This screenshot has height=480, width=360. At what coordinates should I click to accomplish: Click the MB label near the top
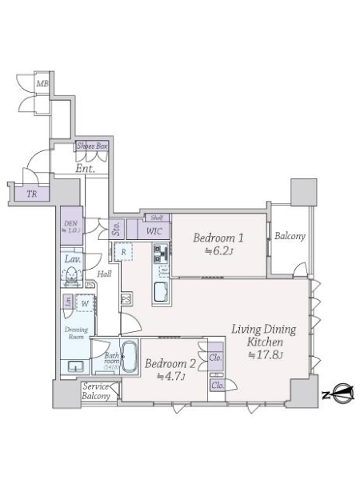point(42,82)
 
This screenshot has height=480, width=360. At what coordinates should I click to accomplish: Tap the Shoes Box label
point(91,146)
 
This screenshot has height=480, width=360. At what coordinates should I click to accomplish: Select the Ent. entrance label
point(85,168)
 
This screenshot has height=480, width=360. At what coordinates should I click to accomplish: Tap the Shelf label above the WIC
point(156,217)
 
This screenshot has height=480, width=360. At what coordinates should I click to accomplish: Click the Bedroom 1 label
point(218,238)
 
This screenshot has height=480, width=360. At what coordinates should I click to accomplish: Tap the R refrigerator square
point(126,252)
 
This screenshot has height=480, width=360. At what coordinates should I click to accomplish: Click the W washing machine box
point(84,304)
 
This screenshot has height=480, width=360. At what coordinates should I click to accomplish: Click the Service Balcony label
point(96,391)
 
